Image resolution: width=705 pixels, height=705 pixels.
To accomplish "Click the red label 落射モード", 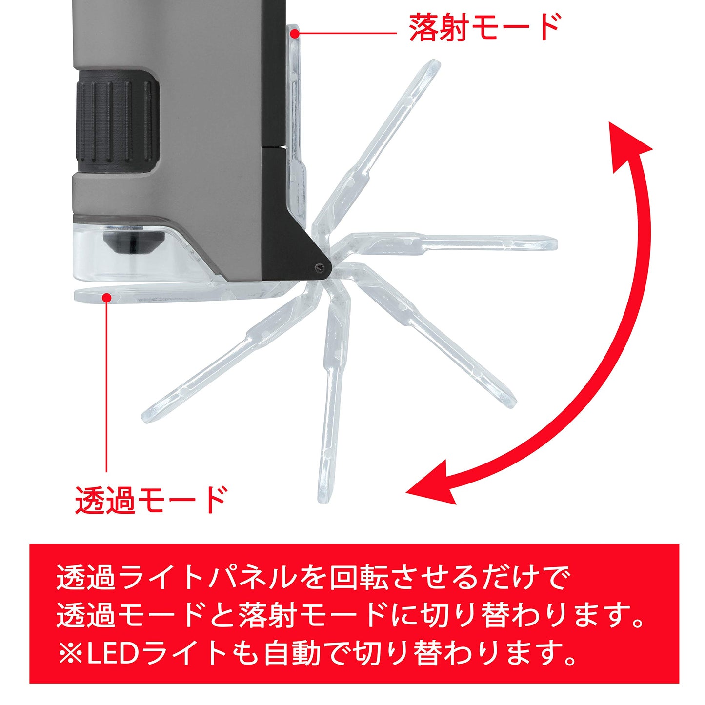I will click(x=484, y=28).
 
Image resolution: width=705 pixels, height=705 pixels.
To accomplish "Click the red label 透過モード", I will click(x=151, y=499).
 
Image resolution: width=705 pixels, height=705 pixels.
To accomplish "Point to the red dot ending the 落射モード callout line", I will click(x=294, y=33).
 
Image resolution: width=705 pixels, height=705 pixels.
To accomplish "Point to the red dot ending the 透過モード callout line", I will click(x=106, y=297).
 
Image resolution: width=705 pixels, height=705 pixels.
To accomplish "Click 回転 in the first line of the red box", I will click(x=359, y=579).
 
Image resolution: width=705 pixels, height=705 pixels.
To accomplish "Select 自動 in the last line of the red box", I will click(x=293, y=653).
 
